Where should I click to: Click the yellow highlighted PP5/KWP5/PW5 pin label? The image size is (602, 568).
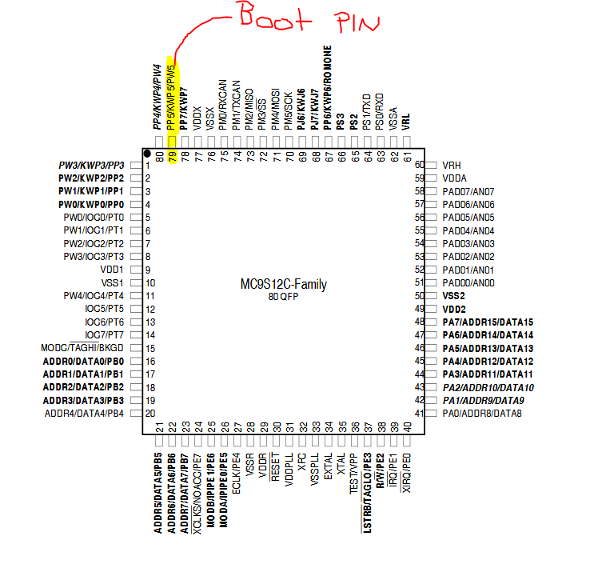[171, 100]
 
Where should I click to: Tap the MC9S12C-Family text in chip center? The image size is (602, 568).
[283, 285]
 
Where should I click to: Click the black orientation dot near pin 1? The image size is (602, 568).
[147, 153]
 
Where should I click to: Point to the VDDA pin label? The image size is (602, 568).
[455, 178]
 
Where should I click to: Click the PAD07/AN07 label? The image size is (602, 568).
[468, 191]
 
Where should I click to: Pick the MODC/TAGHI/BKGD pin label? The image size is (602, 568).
[82, 348]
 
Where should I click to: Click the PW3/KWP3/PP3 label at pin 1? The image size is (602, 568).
[91, 165]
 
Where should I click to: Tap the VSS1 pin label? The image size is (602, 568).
[112, 282]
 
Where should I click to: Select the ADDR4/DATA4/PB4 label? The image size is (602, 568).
[84, 413]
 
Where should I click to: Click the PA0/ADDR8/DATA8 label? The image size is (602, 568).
[481, 413]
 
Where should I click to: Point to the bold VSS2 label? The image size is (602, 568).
[453, 295]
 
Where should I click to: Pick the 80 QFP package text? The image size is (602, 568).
[283, 297]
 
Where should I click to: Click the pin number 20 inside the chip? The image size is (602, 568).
[150, 413]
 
